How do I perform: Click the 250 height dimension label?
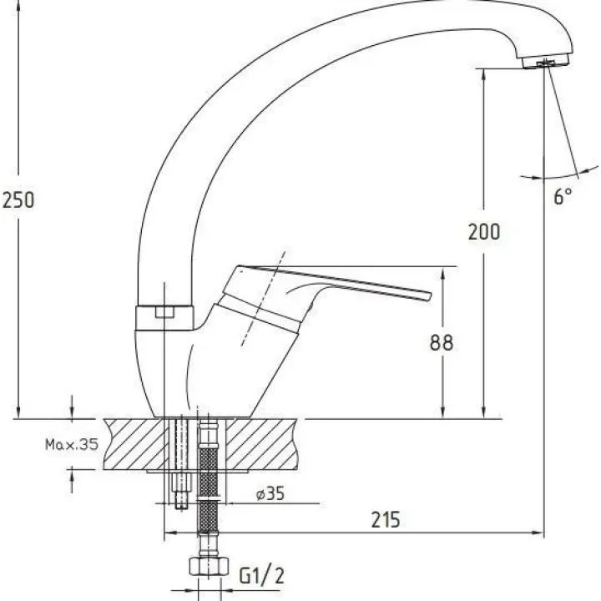coord(18,200)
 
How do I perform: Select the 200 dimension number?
coord(484,232)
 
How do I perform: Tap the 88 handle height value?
coord(442,343)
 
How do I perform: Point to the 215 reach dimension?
coord(385,520)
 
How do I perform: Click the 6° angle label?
coord(563,196)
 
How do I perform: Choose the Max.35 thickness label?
coord(72,444)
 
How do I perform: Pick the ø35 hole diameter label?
coord(270,493)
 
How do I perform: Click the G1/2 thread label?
coord(262,576)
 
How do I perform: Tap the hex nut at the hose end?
coord(209,566)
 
